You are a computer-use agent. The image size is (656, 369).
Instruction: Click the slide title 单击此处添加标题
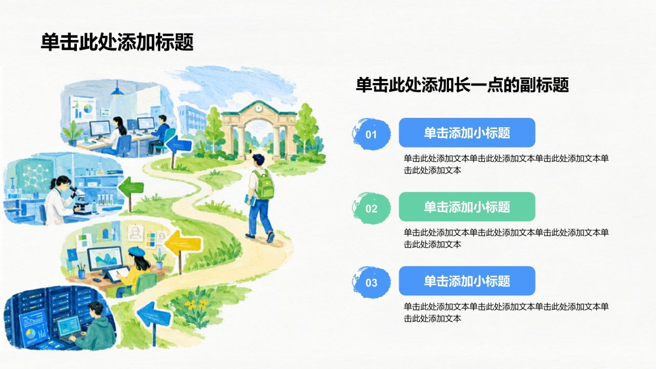pyautogui.click(x=117, y=42)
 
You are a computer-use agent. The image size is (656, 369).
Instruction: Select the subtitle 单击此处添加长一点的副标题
pyautogui.click(x=462, y=85)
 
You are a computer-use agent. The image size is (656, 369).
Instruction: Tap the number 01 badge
pyautogui.click(x=372, y=134)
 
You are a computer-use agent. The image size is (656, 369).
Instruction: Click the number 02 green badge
pyautogui.click(x=372, y=208)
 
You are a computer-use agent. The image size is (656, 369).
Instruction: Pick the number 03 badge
pyautogui.click(x=372, y=282)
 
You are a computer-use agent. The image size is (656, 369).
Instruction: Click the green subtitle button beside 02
pyautogui.click(x=467, y=207)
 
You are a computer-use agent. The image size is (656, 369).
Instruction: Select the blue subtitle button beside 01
pyautogui.click(x=467, y=133)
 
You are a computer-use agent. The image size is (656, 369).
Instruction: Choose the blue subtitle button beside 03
pyautogui.click(x=467, y=281)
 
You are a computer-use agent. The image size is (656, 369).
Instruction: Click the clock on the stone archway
pyautogui.click(x=258, y=108)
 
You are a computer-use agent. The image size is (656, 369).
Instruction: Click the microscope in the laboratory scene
pyautogui.click(x=79, y=200)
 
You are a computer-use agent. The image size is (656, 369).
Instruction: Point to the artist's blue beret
pyautogui.click(x=137, y=251)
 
